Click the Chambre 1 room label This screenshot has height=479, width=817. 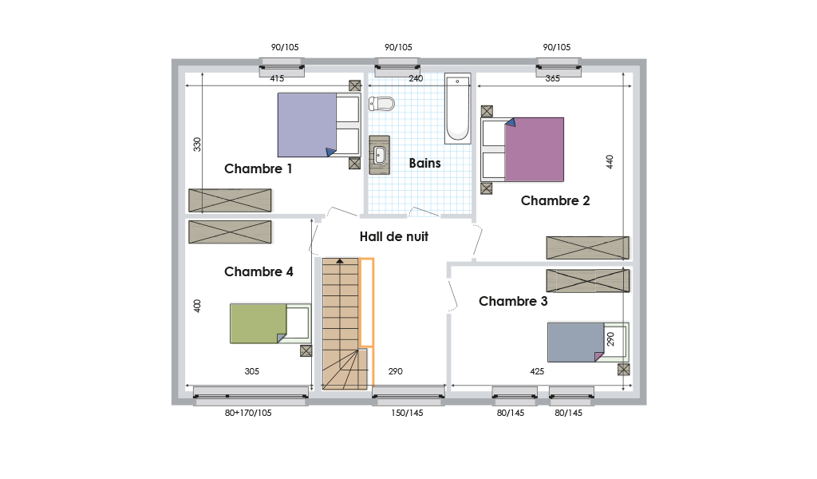(x=258, y=169)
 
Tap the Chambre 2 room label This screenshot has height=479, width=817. (x=555, y=200)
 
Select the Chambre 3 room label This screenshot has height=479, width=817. (x=513, y=301)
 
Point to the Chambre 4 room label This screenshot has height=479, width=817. (x=259, y=271)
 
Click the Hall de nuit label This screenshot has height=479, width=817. (x=393, y=236)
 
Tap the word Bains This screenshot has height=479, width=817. (x=424, y=163)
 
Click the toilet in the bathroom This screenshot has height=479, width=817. (x=381, y=104)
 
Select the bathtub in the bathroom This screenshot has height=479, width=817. (x=457, y=109)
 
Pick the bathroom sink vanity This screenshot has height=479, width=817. (x=379, y=155)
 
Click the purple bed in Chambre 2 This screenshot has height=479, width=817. (x=522, y=149)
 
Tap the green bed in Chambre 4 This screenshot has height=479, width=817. (x=270, y=323)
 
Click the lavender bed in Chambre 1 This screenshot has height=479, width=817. (x=319, y=125)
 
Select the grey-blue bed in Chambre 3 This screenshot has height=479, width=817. (x=588, y=342)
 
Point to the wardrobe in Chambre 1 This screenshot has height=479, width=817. (x=230, y=200)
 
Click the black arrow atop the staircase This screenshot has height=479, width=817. (x=340, y=261)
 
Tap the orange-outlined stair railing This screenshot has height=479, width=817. (x=367, y=303)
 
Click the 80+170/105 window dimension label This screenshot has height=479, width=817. (x=248, y=413)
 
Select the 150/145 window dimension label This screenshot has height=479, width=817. (x=407, y=413)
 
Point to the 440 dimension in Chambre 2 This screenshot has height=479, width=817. (x=610, y=161)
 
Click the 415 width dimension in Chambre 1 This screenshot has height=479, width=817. (x=277, y=79)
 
